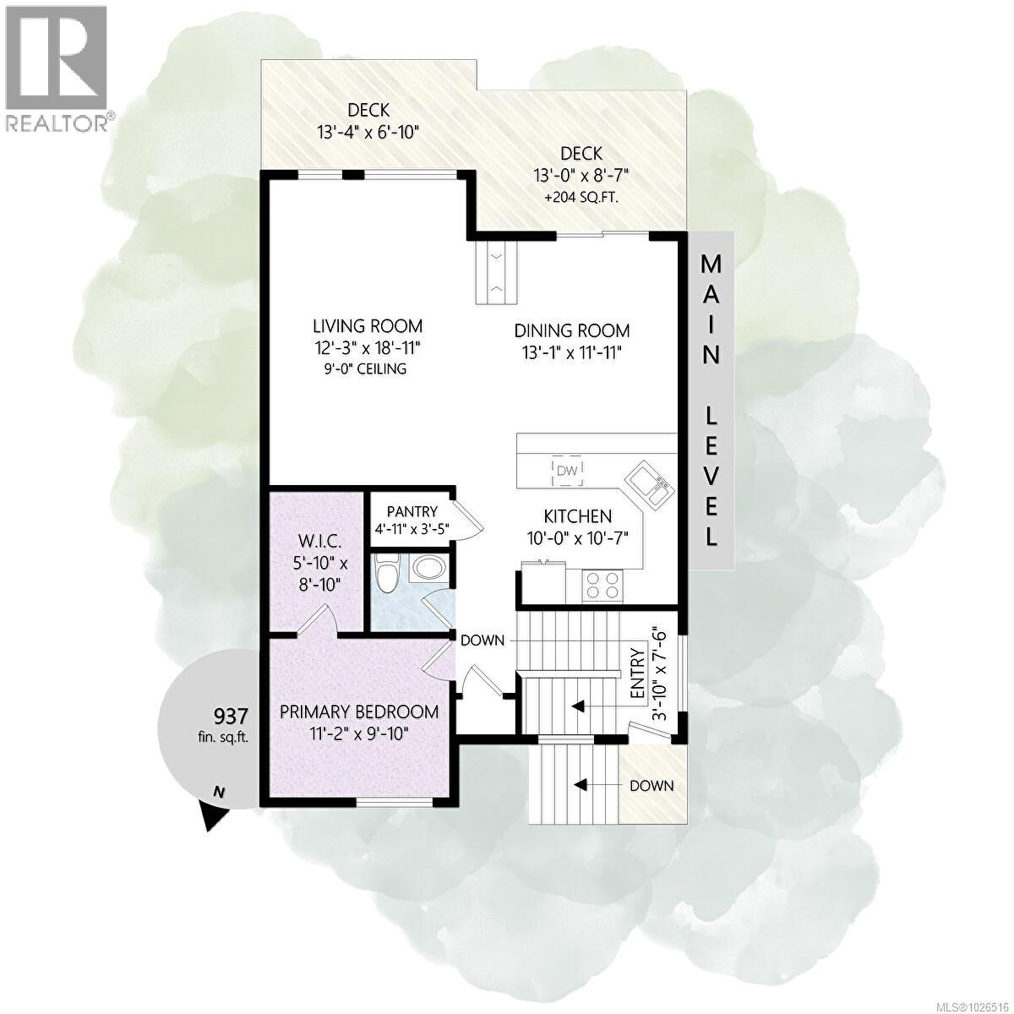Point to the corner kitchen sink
point(648,484)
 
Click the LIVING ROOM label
point(368,326)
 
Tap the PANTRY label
point(412,511)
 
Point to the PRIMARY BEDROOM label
point(359,711)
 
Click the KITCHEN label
point(577,515)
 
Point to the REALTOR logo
point(57,68)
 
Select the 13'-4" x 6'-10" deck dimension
point(368,132)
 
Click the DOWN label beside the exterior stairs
point(651,786)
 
